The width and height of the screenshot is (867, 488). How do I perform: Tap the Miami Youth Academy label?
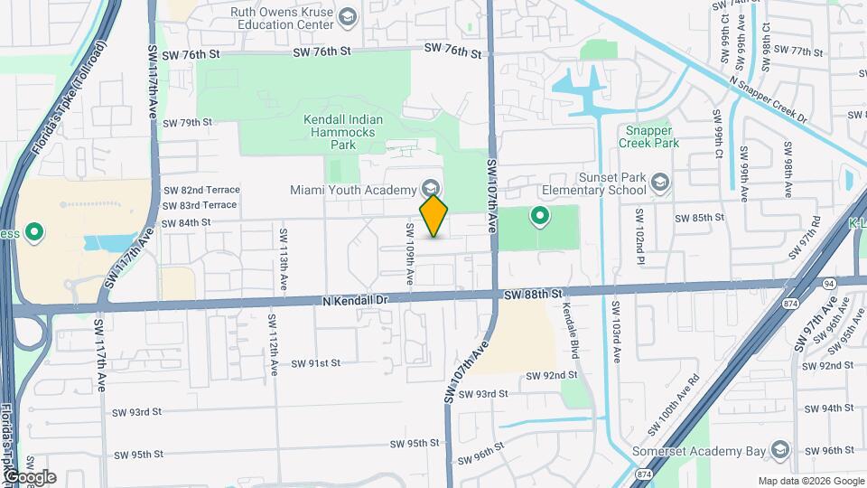tap(352, 190)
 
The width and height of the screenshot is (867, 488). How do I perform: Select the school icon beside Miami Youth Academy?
tap(431, 189)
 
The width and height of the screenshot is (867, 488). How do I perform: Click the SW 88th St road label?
tap(533, 295)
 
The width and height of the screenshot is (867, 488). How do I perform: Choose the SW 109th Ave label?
tap(409, 256)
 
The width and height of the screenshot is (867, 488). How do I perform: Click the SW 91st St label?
tap(315, 363)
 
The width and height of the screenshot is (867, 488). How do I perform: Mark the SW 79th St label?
tap(188, 122)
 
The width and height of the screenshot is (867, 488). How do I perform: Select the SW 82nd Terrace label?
tap(201, 190)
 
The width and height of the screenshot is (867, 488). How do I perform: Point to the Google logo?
tap(30, 476)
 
